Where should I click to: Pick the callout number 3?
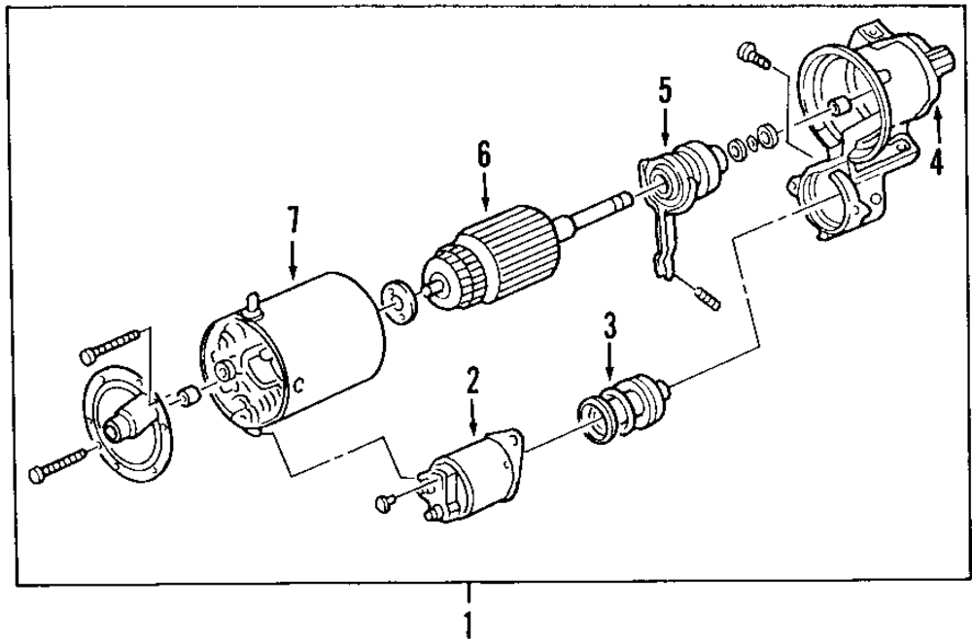tap(609, 324)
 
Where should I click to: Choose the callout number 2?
tap(472, 379)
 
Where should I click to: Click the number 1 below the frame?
tap(469, 623)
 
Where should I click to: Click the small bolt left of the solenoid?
tap(385, 502)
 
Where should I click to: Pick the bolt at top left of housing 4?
tap(752, 54)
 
